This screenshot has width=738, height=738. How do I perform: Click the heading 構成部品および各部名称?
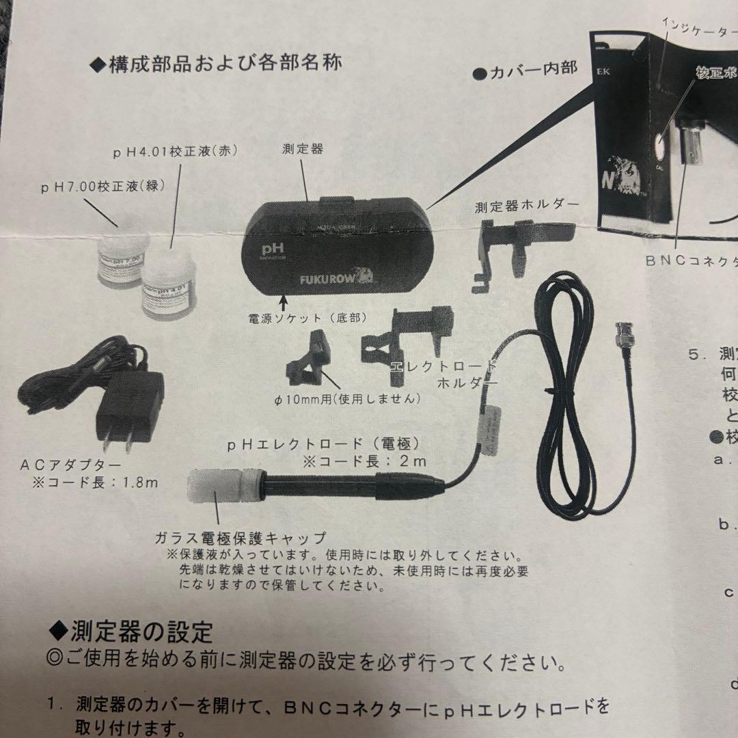click(217, 66)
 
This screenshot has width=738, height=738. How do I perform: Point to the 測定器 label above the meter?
click(303, 148)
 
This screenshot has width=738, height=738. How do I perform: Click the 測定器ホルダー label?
click(527, 205)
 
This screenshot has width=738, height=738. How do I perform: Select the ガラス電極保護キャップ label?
click(241, 537)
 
